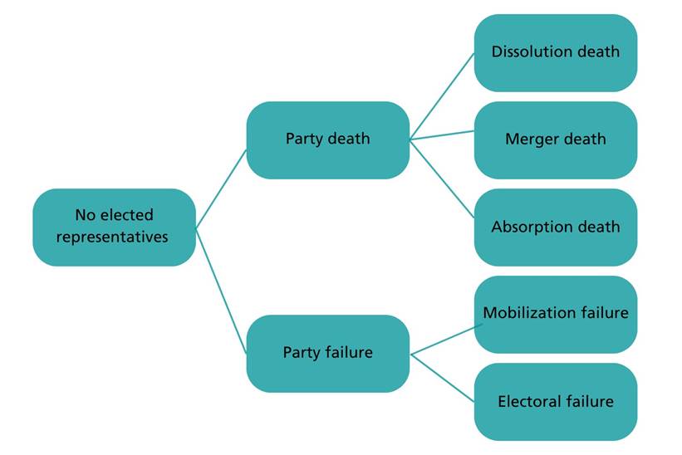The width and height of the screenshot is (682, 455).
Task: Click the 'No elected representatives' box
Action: tap(114, 227)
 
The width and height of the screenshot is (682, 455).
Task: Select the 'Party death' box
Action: tap(327, 139)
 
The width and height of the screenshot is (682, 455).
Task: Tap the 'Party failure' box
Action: tap(327, 353)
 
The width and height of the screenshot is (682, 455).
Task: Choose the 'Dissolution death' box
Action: tap(555, 52)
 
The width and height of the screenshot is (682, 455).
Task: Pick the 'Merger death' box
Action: tap(555, 139)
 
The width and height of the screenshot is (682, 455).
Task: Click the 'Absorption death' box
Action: tap(555, 227)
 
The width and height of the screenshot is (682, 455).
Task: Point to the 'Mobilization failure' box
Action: tap(555, 314)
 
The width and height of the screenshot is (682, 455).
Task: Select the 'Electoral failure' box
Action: tap(555, 402)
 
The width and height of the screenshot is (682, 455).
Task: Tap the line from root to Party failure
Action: tap(221, 290)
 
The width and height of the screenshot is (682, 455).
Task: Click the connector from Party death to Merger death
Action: tap(442, 135)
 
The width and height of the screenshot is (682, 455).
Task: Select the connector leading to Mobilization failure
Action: tap(444, 338)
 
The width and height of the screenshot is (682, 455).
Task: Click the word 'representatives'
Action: tap(114, 237)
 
